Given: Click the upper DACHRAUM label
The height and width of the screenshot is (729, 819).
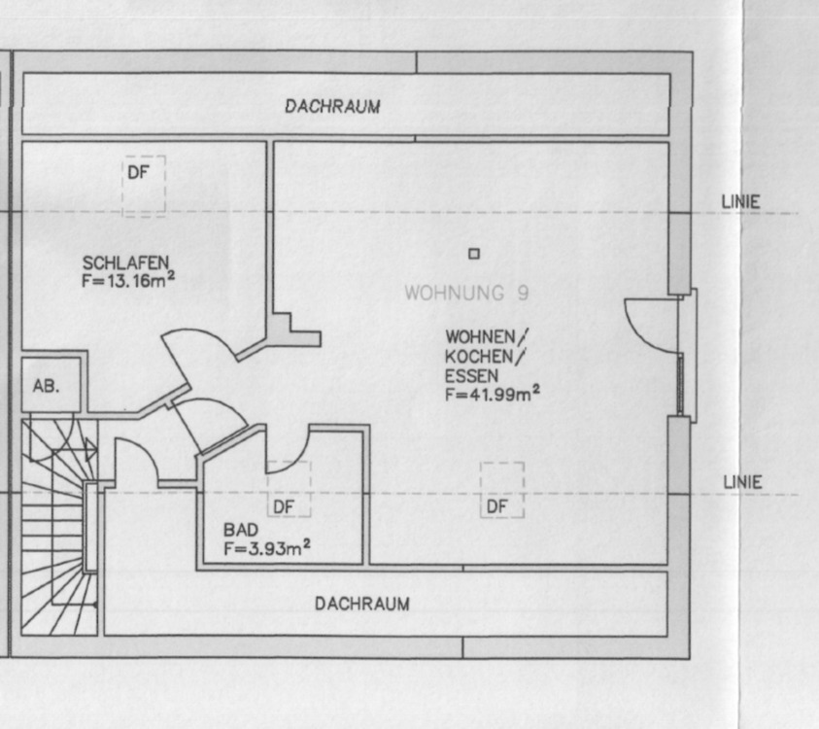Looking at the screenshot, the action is [x=332, y=107].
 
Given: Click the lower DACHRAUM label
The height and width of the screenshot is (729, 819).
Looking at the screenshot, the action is [x=361, y=604].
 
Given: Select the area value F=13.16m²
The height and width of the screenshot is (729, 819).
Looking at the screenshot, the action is [x=129, y=281].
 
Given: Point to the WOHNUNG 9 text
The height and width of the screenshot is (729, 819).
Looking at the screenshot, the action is [x=466, y=293].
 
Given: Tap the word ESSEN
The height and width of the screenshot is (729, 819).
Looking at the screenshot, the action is [x=472, y=375].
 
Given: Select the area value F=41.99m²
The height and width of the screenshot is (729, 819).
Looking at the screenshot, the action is [x=493, y=395].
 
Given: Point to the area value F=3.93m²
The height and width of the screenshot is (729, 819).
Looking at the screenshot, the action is [x=266, y=549].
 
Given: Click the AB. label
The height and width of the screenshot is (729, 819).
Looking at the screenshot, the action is [x=46, y=386].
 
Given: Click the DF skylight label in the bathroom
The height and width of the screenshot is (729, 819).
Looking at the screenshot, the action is [x=283, y=506].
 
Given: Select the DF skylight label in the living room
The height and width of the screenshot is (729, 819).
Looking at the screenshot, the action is [x=497, y=506].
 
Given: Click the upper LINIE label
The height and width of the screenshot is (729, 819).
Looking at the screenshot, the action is [x=740, y=203].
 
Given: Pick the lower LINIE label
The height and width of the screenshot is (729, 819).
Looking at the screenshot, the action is [x=742, y=482].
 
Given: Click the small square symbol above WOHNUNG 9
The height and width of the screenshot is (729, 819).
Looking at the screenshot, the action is [x=474, y=254].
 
